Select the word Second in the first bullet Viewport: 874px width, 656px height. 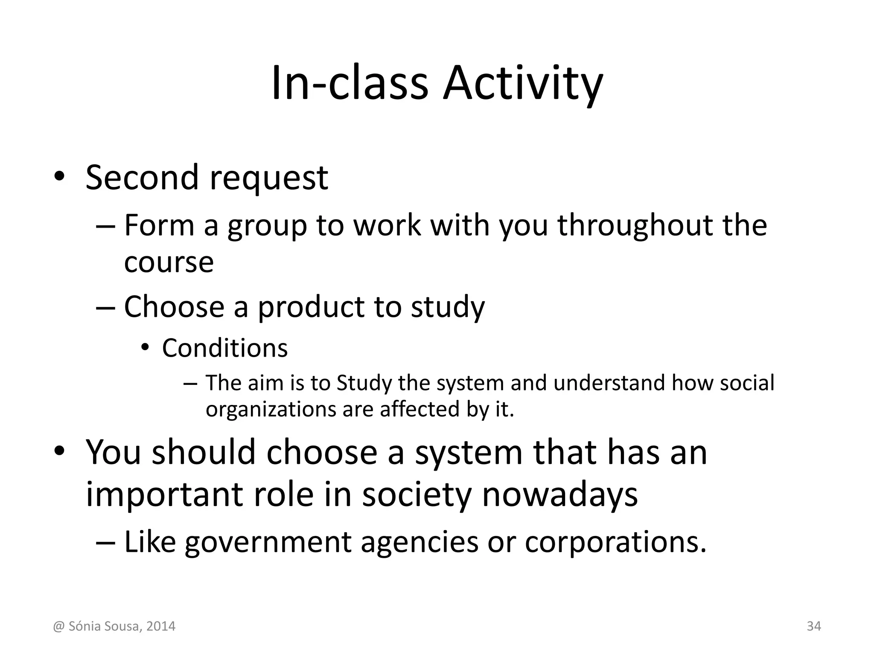coord(142,177)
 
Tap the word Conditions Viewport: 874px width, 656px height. coord(225,348)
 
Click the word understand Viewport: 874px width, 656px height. coord(609,383)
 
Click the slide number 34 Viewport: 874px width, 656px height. coord(814,626)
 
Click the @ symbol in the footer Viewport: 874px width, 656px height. coord(58,627)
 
